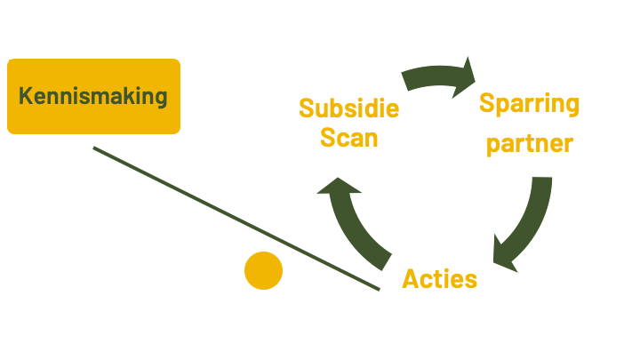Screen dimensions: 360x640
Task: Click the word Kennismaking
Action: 93,96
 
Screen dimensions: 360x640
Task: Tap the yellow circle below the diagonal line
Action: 263,270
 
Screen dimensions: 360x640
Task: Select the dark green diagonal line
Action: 236,218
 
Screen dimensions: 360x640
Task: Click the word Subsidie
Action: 348,108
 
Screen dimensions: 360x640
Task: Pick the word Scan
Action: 348,138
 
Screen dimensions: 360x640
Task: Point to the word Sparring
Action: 529,104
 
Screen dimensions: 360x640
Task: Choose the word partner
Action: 529,143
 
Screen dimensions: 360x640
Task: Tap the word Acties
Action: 439,279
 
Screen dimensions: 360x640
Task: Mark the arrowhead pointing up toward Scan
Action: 338,188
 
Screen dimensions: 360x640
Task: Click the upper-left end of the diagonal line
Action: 94,148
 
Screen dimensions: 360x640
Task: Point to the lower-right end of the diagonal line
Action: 380,289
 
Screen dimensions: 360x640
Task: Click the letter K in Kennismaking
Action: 26,96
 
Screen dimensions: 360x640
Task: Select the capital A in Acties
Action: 411,279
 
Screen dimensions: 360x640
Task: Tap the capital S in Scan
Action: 327,138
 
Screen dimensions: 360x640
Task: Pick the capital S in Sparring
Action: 487,103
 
